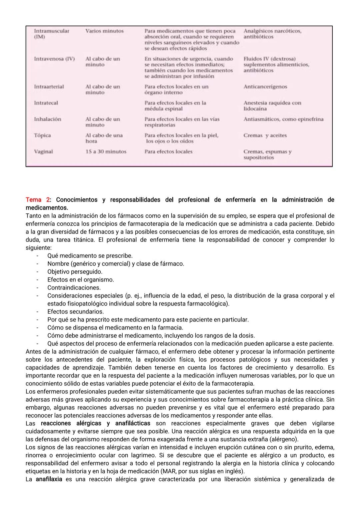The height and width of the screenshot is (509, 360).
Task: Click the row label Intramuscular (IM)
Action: [x=51, y=34]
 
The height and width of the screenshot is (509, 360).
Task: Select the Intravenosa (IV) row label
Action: [x=54, y=59]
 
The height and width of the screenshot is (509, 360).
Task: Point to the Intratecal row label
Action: [x=46, y=103]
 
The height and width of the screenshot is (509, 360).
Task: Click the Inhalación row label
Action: [x=47, y=119]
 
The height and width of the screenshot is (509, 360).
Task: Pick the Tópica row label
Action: [x=42, y=135]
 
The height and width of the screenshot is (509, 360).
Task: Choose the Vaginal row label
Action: [x=43, y=151]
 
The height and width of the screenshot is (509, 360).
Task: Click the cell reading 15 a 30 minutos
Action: [x=106, y=151]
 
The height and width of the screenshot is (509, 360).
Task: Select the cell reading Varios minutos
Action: [x=104, y=31]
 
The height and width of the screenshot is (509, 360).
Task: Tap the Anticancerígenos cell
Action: [x=265, y=87]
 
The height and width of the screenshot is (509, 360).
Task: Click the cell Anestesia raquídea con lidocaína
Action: [x=272, y=106]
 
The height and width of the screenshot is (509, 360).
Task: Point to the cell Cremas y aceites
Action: [x=265, y=135]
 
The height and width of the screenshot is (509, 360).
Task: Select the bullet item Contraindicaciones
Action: [x=74, y=288]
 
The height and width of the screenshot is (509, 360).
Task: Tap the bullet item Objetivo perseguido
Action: [x=75, y=272]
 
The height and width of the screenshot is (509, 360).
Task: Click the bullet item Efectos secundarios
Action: [x=75, y=312]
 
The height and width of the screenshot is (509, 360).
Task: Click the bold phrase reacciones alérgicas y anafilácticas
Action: [x=95, y=423]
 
